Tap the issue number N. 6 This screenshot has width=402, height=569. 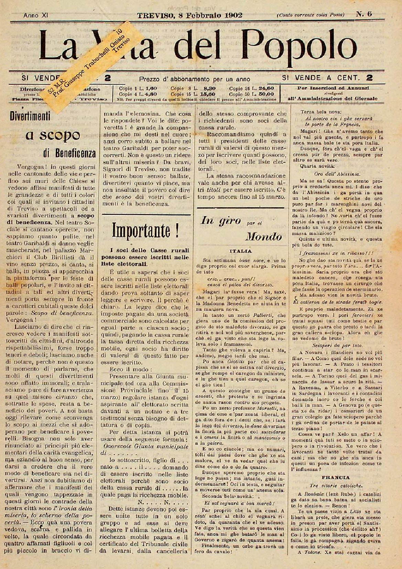click(363, 14)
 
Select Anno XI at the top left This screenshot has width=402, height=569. click(36, 15)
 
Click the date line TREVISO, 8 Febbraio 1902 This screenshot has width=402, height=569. click(190, 15)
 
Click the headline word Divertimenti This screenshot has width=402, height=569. click(30, 116)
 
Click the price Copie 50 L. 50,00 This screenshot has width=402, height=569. click(251, 94)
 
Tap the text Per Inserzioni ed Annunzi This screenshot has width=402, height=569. click(333, 88)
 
